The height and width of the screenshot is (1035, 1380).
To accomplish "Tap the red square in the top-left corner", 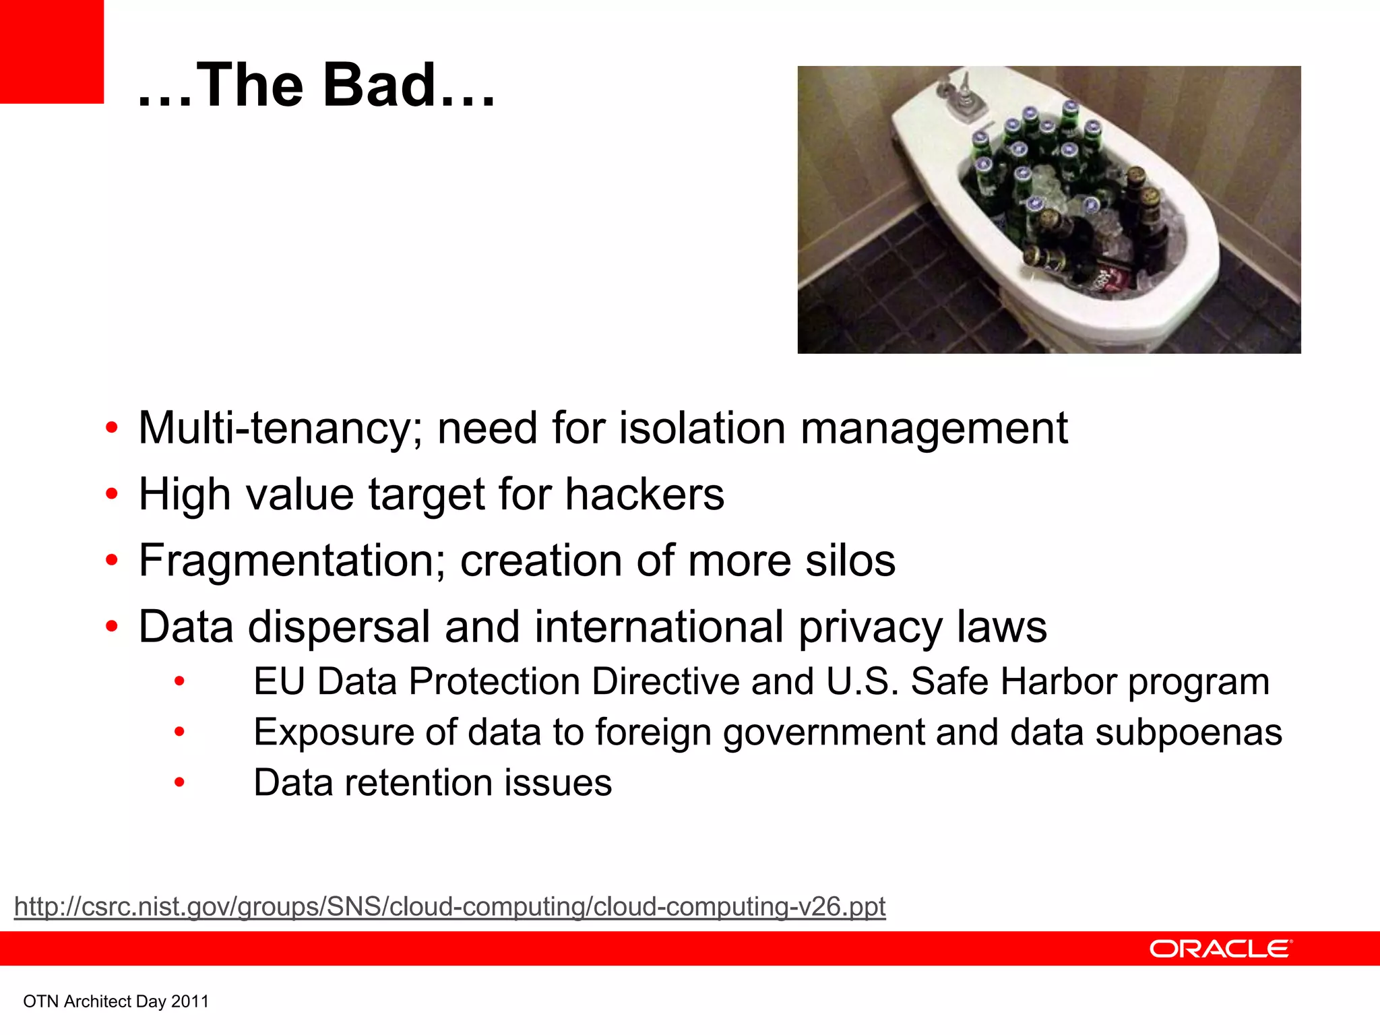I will click(x=51, y=51).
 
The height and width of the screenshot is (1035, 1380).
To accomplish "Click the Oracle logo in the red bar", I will click(x=1220, y=949).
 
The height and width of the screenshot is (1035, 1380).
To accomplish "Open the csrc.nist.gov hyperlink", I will click(x=449, y=906).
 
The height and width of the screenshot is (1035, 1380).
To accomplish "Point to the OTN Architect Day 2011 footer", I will click(x=116, y=1001).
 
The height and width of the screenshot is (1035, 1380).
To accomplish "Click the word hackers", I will click(x=644, y=495).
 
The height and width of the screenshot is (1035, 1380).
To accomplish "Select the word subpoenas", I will click(x=1188, y=732).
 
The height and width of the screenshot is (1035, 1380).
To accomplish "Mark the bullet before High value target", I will click(x=112, y=495).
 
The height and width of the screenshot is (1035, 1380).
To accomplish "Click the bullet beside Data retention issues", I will click(x=179, y=783).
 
